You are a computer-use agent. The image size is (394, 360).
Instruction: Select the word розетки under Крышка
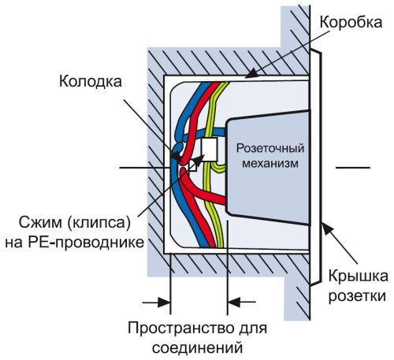[x=355, y=297]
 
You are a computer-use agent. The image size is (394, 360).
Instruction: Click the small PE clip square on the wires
[x=191, y=167]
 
